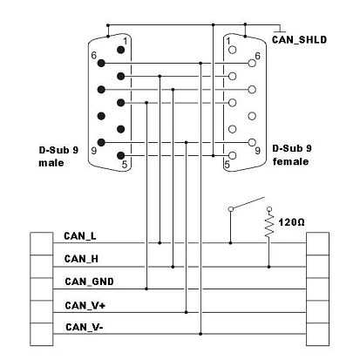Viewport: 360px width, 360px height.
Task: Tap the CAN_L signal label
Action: point(80,235)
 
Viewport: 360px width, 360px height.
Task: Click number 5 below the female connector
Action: point(228,164)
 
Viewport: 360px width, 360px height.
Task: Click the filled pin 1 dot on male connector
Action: point(120,50)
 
